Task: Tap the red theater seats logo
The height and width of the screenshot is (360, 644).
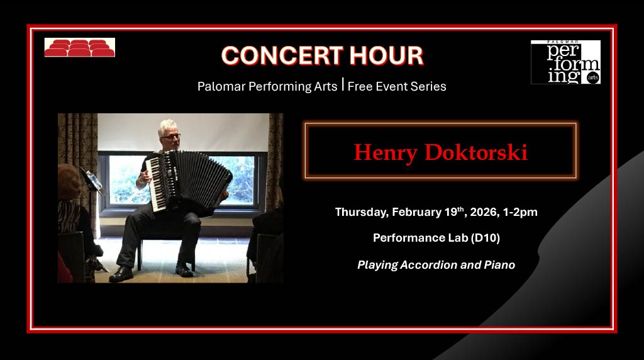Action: pos(79,48)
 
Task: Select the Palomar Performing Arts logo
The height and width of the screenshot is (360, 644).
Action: pos(565,62)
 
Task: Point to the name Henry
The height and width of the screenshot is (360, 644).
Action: pos(385,152)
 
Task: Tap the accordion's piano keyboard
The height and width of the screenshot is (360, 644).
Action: pos(155,183)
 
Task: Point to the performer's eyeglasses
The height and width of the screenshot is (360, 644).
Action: pos(170,135)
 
